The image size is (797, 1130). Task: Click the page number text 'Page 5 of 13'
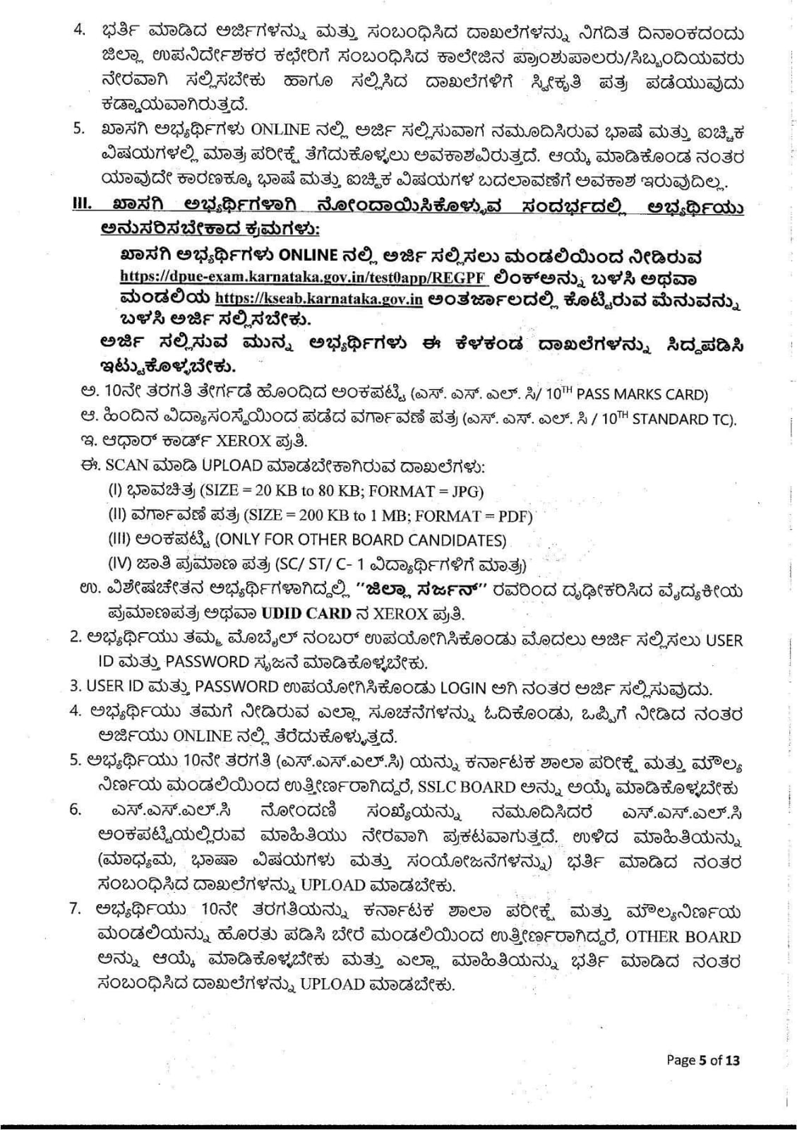[x=703, y=1059]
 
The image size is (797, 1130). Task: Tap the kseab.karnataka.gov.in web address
[x=318, y=299]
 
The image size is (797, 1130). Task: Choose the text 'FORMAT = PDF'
[x=481, y=516]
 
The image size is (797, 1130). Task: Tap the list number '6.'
[x=76, y=809]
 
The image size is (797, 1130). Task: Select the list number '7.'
[x=76, y=908]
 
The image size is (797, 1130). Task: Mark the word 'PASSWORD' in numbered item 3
[x=236, y=686]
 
